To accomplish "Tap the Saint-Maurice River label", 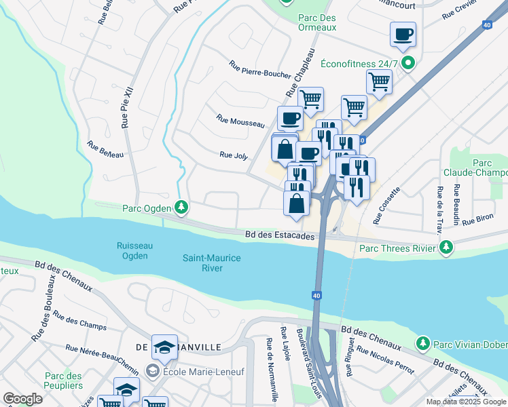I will tap(212, 263).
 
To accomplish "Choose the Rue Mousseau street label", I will tap(240, 121).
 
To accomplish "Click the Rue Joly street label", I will tap(234, 155).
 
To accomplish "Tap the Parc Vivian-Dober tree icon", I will tap(422, 343).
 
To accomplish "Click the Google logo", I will tap(22, 399).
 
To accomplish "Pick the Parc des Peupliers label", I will tap(63, 381).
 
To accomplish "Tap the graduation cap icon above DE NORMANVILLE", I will tap(164, 347).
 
